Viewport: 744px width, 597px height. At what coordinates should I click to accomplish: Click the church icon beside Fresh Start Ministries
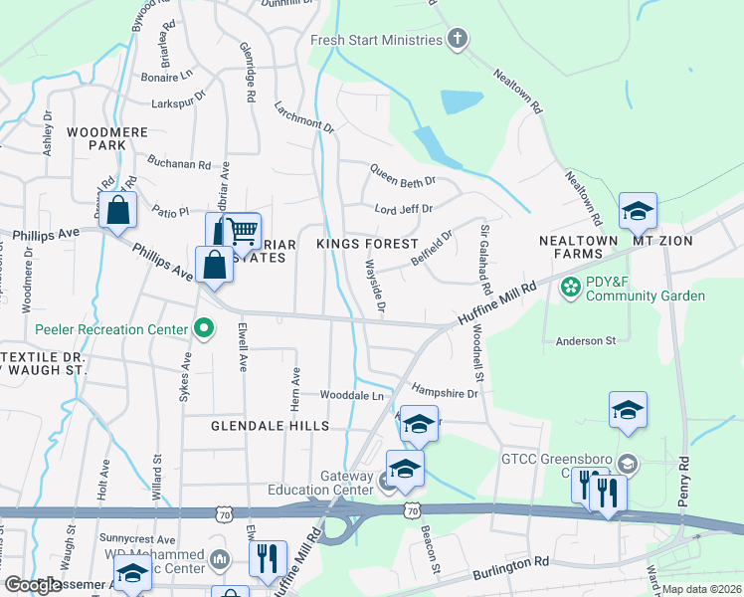(458, 40)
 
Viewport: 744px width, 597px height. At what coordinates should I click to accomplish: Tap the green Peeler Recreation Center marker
(204, 327)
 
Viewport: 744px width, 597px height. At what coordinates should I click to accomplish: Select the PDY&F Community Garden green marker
(571, 289)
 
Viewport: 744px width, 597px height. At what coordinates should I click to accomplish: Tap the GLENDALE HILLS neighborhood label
(270, 426)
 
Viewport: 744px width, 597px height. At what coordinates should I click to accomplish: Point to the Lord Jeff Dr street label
(403, 209)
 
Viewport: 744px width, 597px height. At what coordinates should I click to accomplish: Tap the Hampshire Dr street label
(445, 393)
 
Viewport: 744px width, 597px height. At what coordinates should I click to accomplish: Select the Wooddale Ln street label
(349, 395)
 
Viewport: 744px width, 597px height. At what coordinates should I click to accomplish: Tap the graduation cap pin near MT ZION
(638, 210)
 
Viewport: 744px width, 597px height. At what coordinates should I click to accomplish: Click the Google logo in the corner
(33, 585)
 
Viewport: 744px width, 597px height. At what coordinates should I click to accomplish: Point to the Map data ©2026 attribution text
(701, 589)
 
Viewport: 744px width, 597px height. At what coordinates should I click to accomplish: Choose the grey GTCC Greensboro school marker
(627, 464)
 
